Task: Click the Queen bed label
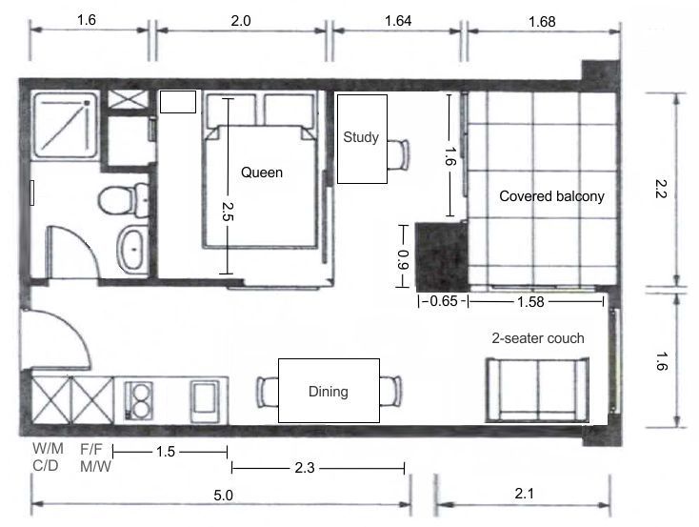click(x=262, y=172)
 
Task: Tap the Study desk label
click(x=361, y=137)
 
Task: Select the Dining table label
click(x=329, y=392)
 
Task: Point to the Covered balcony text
click(x=551, y=196)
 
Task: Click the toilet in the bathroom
click(x=124, y=200)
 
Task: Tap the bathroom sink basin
click(x=132, y=249)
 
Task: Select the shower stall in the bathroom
click(x=65, y=125)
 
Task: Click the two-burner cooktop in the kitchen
click(x=138, y=400)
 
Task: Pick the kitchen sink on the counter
click(x=205, y=401)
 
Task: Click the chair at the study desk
click(x=398, y=154)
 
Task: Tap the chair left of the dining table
click(x=268, y=392)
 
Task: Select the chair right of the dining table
click(x=390, y=392)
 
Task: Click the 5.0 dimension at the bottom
click(x=224, y=496)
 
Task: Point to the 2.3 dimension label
click(x=305, y=468)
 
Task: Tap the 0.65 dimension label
click(x=444, y=301)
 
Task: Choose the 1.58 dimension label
click(x=530, y=302)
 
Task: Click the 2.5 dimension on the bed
click(x=228, y=212)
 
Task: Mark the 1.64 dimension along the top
click(x=398, y=21)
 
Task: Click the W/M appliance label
click(x=48, y=448)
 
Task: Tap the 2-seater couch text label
click(x=538, y=338)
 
